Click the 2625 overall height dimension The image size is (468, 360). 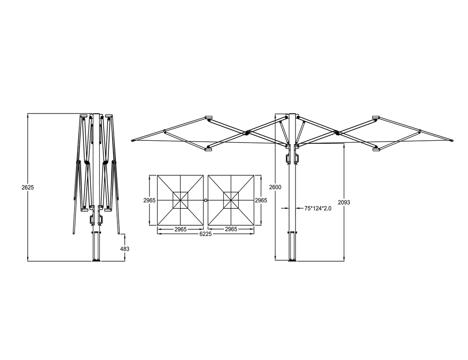(x=27, y=188)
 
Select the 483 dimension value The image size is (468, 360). (x=125, y=249)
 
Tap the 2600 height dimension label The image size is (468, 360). (x=275, y=187)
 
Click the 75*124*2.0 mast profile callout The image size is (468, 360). (x=318, y=208)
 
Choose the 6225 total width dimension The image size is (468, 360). (x=205, y=234)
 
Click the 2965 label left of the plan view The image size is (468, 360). (x=149, y=201)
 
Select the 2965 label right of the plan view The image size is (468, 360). (x=261, y=201)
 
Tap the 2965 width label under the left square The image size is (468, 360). (x=180, y=229)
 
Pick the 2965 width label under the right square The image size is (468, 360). (x=231, y=229)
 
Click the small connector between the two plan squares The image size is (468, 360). (x=205, y=200)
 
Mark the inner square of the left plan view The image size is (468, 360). (x=180, y=200)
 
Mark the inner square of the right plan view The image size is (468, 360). (x=231, y=200)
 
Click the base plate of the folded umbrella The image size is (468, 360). (x=96, y=260)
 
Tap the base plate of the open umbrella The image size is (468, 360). (x=292, y=260)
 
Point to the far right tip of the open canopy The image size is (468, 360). (x=452, y=140)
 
